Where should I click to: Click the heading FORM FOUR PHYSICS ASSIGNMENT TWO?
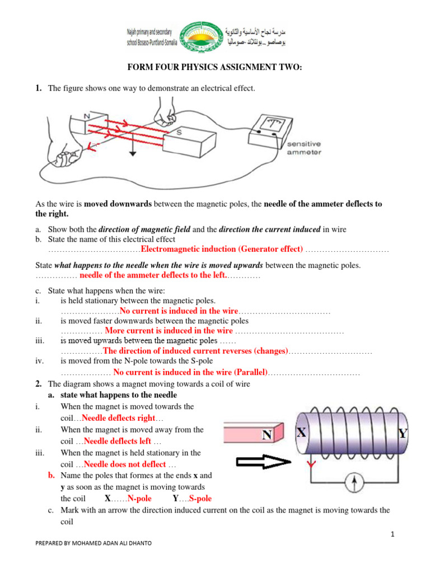coord(216,68)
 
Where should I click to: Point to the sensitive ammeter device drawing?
coord(266,126)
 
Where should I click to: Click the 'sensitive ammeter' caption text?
coord(304,148)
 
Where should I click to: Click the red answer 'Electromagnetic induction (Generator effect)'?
coord(222,249)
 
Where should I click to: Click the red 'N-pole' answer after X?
coord(139,499)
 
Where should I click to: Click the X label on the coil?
coord(301,433)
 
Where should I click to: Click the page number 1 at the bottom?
coord(393,534)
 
